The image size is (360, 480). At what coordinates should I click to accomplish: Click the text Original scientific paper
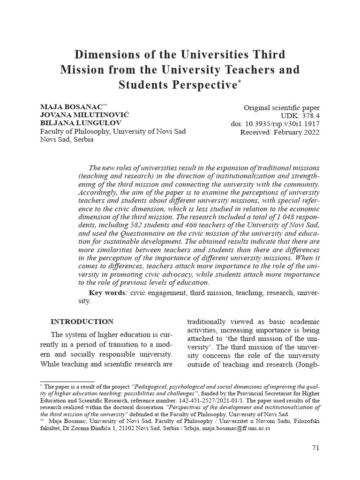click(x=282, y=108)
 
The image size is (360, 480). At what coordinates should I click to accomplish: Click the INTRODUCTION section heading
click(x=82, y=322)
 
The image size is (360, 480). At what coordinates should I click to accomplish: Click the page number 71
click(x=315, y=448)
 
